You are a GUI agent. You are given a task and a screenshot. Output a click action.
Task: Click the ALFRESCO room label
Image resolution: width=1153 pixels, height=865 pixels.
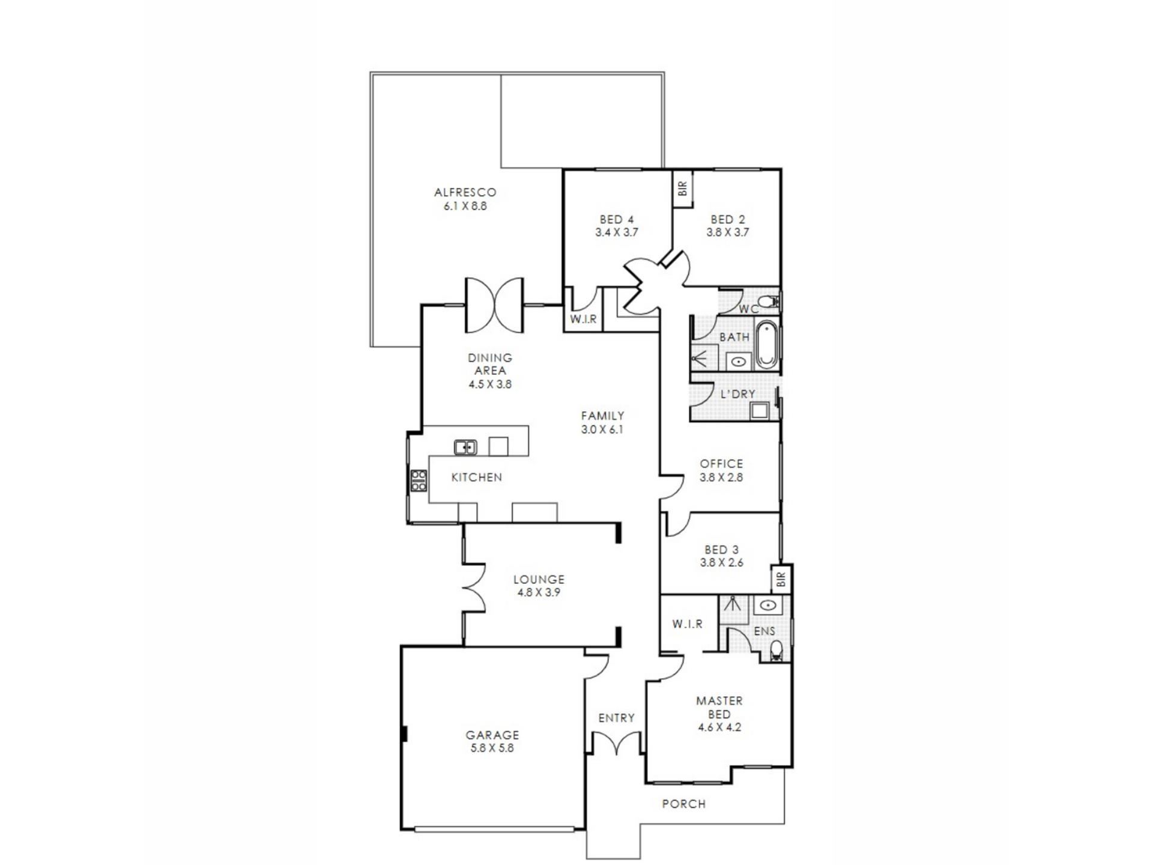[x=465, y=192]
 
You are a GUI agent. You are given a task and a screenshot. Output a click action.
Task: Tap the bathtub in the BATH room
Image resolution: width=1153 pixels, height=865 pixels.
[x=765, y=345]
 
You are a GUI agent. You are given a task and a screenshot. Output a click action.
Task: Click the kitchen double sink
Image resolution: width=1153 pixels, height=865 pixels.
[x=465, y=447]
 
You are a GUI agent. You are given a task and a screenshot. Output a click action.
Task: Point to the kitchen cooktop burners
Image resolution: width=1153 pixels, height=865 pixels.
[x=419, y=481]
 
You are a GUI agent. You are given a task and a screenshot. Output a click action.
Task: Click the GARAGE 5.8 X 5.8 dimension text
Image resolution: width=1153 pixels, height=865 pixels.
[x=492, y=748]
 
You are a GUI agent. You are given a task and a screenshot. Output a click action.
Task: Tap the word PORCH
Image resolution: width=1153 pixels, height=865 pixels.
[x=684, y=804]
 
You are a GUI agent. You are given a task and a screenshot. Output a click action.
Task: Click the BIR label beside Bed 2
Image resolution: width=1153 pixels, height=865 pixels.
[x=682, y=189]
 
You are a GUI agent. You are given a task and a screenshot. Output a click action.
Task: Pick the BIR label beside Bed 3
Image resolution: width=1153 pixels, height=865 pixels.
[x=781, y=579]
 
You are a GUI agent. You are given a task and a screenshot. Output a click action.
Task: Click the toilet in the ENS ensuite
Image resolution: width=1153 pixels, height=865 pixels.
[x=776, y=651]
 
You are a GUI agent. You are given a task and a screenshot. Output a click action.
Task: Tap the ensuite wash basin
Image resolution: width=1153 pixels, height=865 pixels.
[x=766, y=605]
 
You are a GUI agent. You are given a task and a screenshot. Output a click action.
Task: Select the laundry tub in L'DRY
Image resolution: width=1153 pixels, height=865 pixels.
[x=760, y=411]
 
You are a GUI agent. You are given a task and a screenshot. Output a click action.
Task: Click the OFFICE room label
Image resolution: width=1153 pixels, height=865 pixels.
[x=721, y=464]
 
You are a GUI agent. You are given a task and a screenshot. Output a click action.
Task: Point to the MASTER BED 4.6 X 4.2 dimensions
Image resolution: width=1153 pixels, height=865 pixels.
[x=719, y=727]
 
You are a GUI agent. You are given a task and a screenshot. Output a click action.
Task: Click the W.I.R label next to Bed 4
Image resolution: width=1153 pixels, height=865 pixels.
[x=583, y=319]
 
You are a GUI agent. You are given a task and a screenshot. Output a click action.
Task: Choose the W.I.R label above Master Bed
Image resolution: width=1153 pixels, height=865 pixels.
[x=688, y=624]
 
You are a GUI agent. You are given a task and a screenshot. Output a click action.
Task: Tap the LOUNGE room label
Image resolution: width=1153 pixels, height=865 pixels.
[x=539, y=580]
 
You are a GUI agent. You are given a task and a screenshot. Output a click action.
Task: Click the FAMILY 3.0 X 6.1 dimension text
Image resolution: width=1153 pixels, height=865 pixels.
[x=602, y=429]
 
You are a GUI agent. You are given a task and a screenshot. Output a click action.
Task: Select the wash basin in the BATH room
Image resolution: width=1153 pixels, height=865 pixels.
[x=737, y=362]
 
